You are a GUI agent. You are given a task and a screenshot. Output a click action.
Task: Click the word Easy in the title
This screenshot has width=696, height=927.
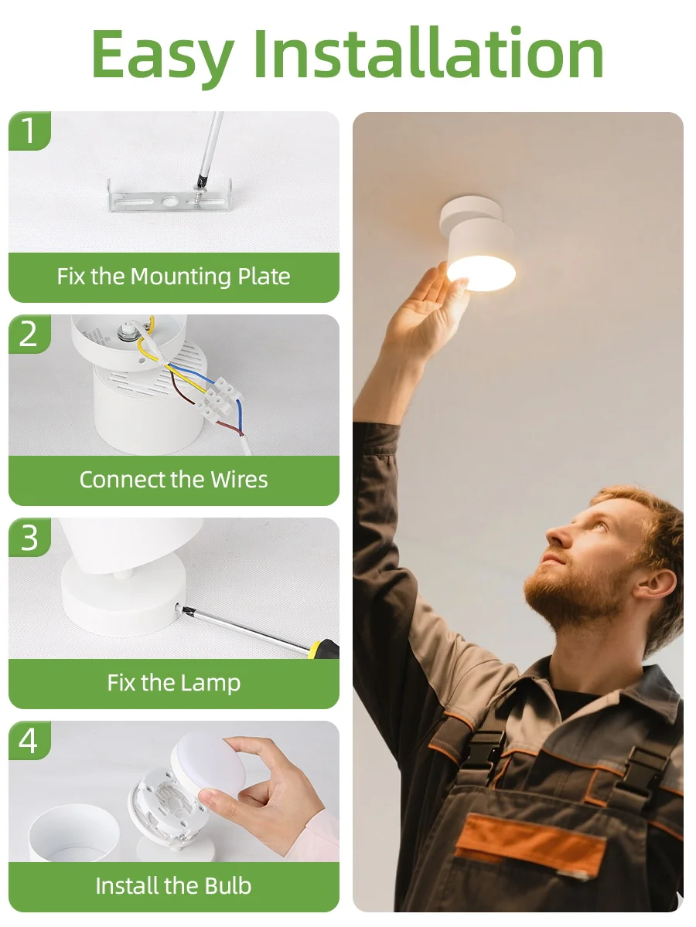[x=162, y=56]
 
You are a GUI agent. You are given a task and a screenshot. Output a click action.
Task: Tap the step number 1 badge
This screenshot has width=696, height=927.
[x=29, y=131]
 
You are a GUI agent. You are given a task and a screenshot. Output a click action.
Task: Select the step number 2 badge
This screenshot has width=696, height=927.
[x=29, y=334]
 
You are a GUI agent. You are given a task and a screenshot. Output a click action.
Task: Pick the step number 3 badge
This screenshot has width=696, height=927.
[x=29, y=537]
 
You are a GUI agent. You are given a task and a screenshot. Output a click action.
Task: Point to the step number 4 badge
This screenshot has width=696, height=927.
[x=29, y=740]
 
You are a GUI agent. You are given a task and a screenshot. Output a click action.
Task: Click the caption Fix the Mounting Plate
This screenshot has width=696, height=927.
[x=173, y=277]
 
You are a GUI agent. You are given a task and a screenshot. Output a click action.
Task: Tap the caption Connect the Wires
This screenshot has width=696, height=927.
[x=173, y=480]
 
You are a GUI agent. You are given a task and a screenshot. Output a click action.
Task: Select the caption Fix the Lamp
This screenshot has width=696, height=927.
[x=173, y=683]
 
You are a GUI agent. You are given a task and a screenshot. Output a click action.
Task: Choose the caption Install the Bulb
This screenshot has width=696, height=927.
[x=173, y=886]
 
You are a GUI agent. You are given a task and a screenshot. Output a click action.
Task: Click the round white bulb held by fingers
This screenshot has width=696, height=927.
[x=205, y=760]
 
